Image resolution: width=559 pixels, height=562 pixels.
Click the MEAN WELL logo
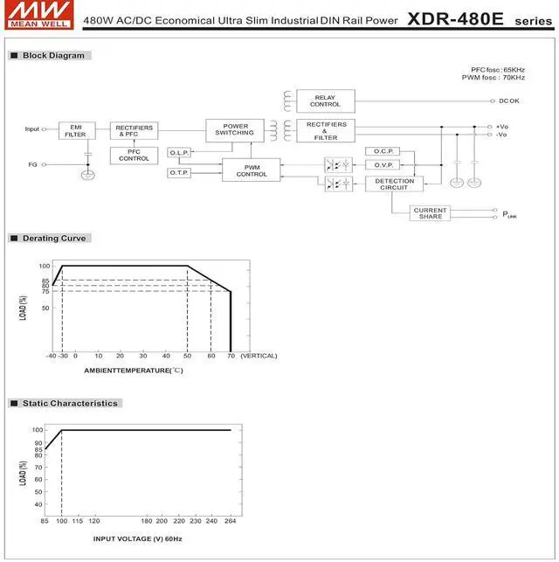[x=39, y=15]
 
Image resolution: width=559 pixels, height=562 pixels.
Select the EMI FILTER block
[x=77, y=131]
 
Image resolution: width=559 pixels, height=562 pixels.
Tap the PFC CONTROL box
[x=134, y=156]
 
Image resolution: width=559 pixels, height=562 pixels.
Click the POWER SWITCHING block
[x=235, y=130]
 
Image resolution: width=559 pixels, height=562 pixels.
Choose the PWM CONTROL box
[x=251, y=170]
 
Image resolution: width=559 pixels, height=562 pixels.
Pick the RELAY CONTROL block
[x=326, y=101]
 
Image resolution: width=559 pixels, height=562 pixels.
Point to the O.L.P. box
[x=179, y=153]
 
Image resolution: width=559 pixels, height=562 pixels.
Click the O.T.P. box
[x=179, y=173]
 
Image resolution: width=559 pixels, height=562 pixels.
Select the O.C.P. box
[x=383, y=151]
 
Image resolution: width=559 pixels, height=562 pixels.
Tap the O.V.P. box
[x=383, y=165]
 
